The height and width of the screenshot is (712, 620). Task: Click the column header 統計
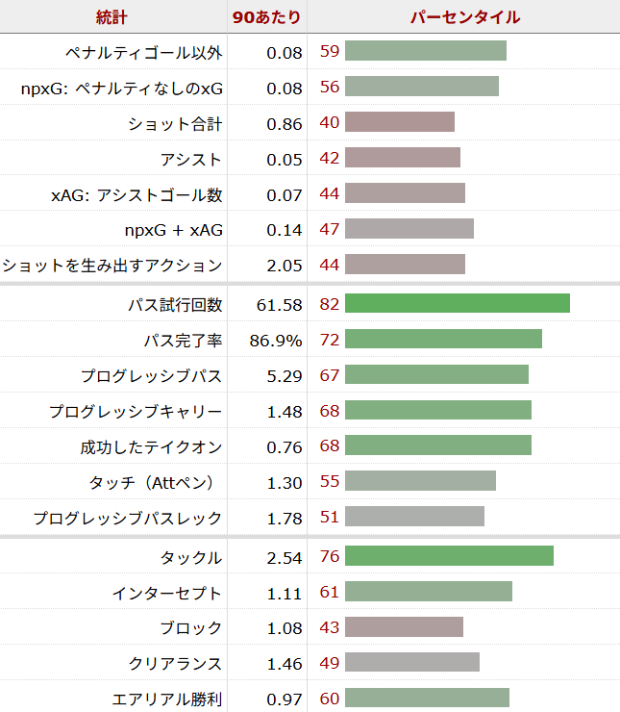[x=112, y=17]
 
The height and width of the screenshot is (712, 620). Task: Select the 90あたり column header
[x=266, y=17]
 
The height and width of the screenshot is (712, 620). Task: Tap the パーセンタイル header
[x=465, y=17]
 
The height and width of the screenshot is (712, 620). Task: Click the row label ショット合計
[x=175, y=123]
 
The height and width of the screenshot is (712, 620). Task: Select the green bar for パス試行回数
[x=457, y=304]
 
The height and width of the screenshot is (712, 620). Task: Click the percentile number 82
[x=330, y=304]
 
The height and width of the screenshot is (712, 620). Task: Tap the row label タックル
[x=191, y=557]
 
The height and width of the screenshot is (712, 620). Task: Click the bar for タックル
[x=449, y=556]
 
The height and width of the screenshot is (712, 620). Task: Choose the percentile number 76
[x=330, y=557]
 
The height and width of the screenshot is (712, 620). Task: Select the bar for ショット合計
[x=399, y=122]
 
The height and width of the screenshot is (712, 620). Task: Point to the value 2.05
[x=285, y=265]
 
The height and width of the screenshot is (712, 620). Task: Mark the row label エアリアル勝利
[x=167, y=699]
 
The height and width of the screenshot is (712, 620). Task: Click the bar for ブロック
[x=404, y=627]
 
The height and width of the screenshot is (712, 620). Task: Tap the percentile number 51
[x=330, y=518]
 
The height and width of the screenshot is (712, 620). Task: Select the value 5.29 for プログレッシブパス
[x=285, y=375]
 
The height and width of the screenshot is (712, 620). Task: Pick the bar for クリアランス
[x=411, y=663]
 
